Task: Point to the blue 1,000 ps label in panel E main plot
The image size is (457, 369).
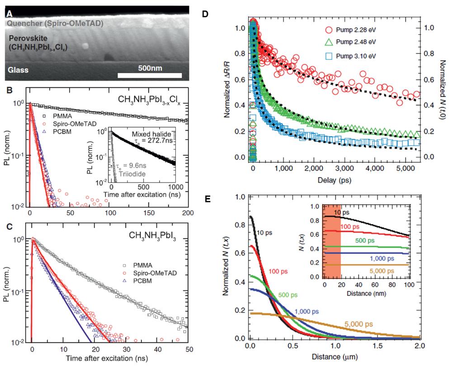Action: (309, 311)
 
